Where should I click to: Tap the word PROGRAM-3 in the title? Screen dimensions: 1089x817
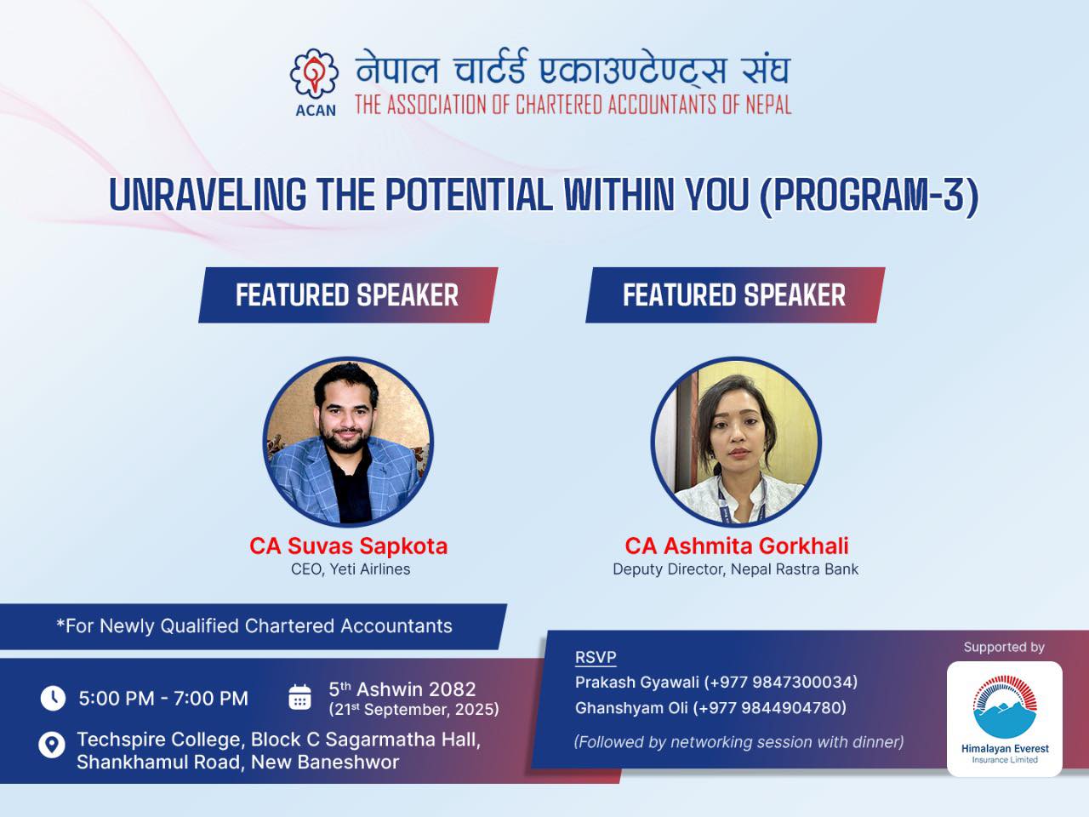tap(869, 195)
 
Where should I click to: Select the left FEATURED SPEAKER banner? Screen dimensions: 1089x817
tap(348, 295)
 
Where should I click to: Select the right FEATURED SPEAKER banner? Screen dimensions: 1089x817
tap(735, 295)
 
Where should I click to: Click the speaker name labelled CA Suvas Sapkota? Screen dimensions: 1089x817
tap(348, 546)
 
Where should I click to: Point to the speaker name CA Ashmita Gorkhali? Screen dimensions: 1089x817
tap(736, 546)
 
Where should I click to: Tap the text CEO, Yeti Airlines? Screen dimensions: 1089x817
tap(351, 569)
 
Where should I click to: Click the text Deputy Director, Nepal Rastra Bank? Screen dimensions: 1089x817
tap(735, 569)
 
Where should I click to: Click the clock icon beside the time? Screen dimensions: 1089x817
tap(53, 699)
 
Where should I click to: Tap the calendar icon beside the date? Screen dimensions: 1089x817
tap(300, 697)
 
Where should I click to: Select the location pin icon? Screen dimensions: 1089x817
tap(52, 745)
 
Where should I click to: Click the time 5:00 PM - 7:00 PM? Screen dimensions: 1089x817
tap(163, 699)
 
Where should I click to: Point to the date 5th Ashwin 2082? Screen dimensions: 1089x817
tap(402, 689)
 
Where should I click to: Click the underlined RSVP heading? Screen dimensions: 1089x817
tap(596, 657)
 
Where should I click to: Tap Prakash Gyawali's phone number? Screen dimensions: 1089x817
tap(781, 683)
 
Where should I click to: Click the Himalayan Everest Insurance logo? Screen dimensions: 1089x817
tap(1005, 719)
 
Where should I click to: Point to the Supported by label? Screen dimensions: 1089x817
tap(1004, 647)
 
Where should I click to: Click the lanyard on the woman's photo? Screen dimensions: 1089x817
tap(741, 499)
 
